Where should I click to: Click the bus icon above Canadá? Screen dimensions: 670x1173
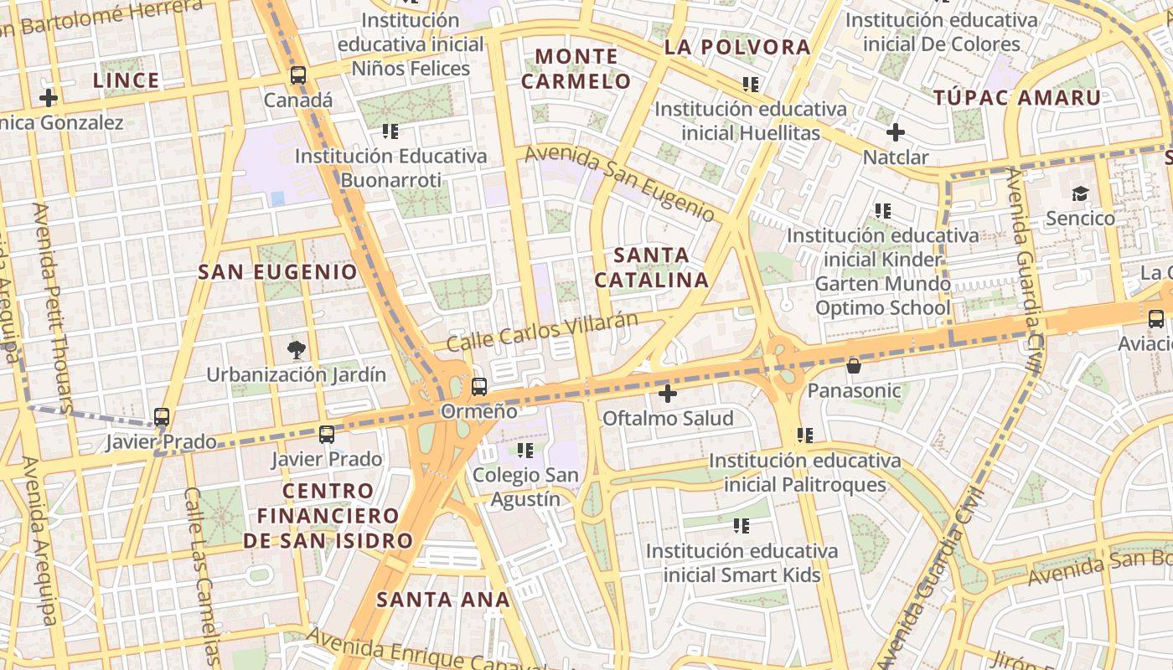click(298, 75)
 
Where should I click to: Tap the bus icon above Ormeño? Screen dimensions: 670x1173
click(479, 387)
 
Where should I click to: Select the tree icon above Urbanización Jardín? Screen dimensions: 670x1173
click(296, 349)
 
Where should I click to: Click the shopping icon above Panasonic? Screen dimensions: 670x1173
click(853, 366)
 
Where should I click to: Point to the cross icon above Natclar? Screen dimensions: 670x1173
click(896, 132)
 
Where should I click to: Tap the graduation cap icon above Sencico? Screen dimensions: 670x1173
click(1080, 194)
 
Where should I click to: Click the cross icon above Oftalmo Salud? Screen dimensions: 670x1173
click(667, 393)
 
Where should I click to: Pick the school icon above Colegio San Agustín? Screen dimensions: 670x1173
click(525, 451)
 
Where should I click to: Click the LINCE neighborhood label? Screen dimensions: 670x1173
click(126, 80)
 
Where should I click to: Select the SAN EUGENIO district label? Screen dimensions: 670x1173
click(277, 271)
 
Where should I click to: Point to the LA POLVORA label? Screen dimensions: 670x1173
click(737, 48)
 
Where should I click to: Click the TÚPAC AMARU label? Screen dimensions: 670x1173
click(1017, 97)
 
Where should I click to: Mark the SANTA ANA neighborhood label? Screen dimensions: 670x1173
click(443, 599)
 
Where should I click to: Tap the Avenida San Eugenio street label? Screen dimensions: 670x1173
click(619, 183)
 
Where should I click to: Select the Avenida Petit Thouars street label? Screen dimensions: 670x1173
click(54, 301)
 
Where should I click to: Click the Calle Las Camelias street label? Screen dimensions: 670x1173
click(202, 578)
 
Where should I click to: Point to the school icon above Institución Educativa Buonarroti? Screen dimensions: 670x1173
click(390, 131)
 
